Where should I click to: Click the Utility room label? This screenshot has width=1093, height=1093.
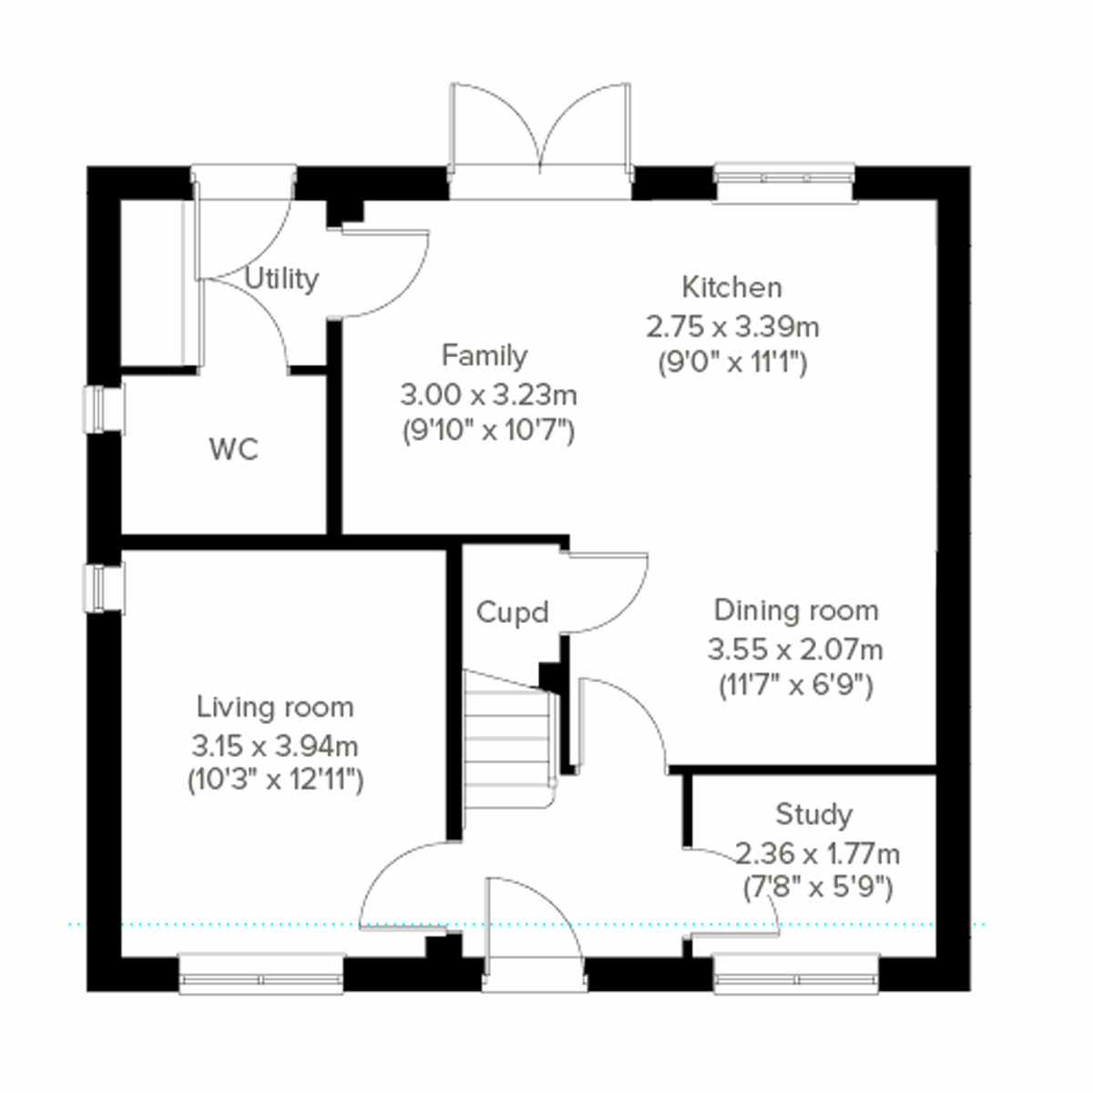click(281, 279)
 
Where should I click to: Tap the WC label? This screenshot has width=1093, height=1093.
click(233, 449)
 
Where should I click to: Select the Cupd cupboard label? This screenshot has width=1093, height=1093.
click(512, 612)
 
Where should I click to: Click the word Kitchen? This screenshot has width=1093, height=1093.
click(731, 288)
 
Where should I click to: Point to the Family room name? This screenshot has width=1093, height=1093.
click(484, 355)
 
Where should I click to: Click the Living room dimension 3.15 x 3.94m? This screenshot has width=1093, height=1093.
click(274, 747)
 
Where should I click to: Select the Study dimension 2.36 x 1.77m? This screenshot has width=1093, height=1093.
click(817, 853)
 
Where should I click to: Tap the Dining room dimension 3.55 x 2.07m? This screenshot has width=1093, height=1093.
click(795, 649)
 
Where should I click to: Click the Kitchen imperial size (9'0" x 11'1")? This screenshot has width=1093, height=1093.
click(732, 363)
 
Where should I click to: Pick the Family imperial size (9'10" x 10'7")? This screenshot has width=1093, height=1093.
click(488, 430)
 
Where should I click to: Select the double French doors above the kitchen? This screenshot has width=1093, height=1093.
click(540, 128)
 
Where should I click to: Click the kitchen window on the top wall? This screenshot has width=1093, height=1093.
click(783, 182)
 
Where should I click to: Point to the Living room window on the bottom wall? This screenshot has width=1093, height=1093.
click(261, 975)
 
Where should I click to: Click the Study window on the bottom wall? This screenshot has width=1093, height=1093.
click(796, 975)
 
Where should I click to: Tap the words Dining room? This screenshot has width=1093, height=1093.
click(795, 610)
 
